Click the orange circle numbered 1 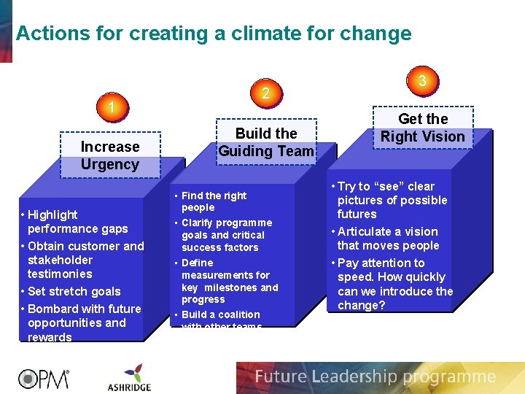111,108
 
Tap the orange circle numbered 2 266,93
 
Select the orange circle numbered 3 422,80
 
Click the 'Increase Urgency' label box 110,155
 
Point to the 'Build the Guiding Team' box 266,142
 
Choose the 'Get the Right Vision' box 423,128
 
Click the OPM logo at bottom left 44,378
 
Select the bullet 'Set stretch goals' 74,291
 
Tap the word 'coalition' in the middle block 241,314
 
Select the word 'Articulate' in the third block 365,231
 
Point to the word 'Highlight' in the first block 52,215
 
